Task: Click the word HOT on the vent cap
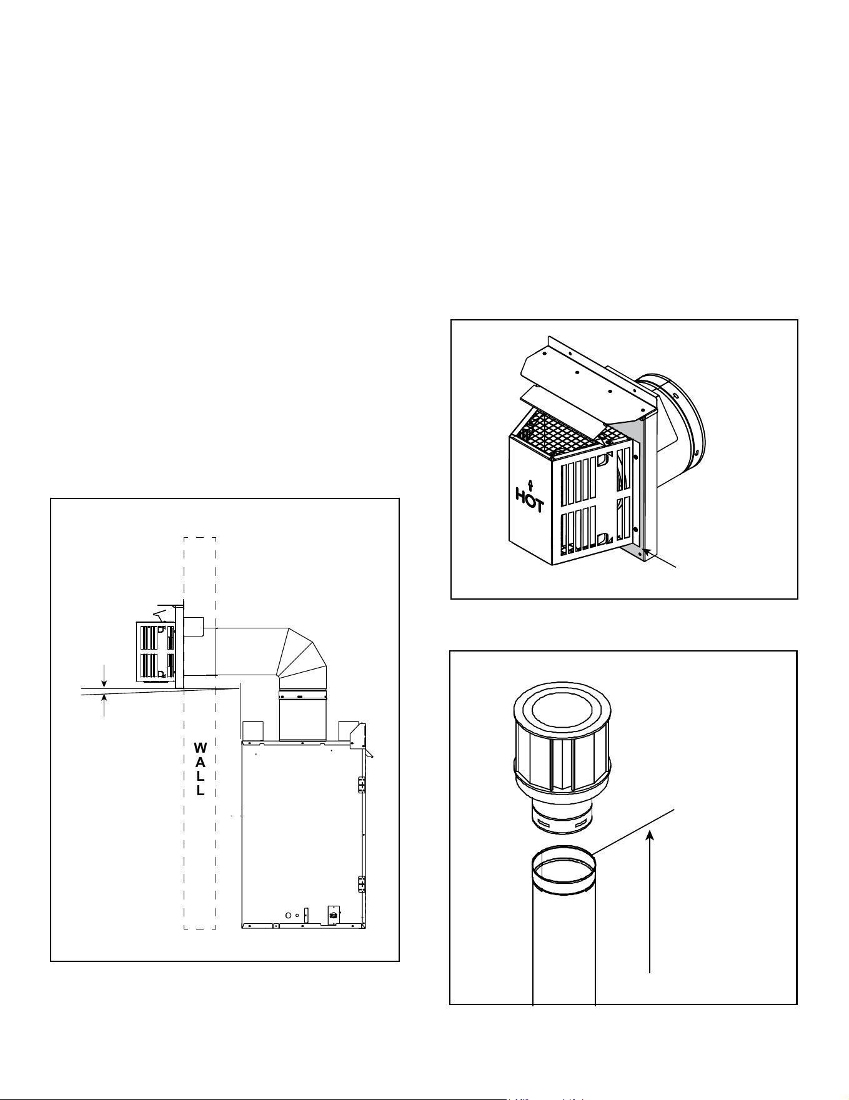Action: pyautogui.click(x=529, y=500)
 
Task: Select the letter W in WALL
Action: pyautogui.click(x=200, y=748)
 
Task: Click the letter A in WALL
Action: pyautogui.click(x=200, y=762)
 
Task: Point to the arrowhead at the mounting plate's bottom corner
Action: pyautogui.click(x=648, y=552)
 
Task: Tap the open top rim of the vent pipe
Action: pyautogui.click(x=564, y=869)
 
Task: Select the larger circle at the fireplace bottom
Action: pyautogui.click(x=288, y=915)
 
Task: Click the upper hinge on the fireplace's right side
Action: pyautogui.click(x=361, y=785)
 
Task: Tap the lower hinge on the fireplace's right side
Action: pyautogui.click(x=361, y=884)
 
